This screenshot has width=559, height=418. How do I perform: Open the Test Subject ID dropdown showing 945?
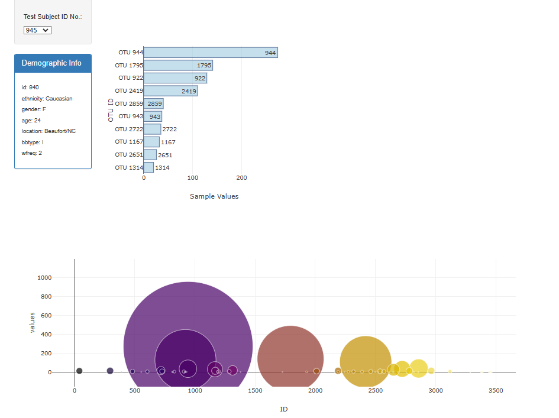tap(37, 30)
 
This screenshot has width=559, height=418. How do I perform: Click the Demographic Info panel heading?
tap(51, 63)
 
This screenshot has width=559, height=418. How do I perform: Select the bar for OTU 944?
tap(210, 53)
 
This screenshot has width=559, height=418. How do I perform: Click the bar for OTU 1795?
tap(177, 66)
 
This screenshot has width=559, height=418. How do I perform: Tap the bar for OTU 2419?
tap(170, 91)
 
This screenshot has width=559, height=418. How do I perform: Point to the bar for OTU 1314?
tap(148, 167)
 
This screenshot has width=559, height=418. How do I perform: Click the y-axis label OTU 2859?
tap(128, 103)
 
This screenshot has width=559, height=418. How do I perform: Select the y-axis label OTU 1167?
tap(128, 142)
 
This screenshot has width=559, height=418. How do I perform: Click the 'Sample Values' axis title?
tap(214, 196)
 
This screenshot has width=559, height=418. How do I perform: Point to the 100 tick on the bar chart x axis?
tap(193, 178)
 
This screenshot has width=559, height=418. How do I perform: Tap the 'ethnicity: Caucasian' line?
tap(47, 99)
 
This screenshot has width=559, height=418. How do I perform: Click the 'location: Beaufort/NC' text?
tap(49, 131)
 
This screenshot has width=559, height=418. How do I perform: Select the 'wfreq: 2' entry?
tap(31, 153)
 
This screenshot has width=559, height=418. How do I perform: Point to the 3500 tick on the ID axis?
tap(496, 391)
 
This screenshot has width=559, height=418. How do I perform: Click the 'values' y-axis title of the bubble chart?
tap(33, 322)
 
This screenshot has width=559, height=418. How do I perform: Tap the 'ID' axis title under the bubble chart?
tap(283, 409)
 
